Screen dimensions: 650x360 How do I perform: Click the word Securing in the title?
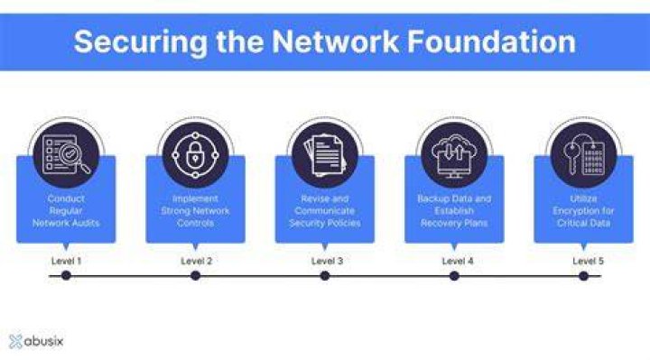coord(141,42)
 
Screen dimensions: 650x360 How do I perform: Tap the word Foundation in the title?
coord(491,42)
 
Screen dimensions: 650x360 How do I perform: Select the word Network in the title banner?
coord(335,42)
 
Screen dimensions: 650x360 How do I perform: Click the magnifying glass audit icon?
coord(66,155)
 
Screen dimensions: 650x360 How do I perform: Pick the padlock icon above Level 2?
coord(195,155)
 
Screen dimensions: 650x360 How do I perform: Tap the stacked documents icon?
coord(325,155)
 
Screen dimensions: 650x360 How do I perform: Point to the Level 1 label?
coord(66,261)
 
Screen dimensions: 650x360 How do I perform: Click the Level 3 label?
coord(327,261)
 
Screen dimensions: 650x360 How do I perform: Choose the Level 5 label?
coord(589,261)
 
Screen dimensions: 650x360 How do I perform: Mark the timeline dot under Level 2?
coord(196,275)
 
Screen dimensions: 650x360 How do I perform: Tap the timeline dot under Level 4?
coord(454,275)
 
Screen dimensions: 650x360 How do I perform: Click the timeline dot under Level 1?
coord(66,275)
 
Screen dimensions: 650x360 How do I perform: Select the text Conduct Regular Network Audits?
coord(66,211)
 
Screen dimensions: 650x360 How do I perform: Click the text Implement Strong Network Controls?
coord(195,211)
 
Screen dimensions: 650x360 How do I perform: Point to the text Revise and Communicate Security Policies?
coord(325,211)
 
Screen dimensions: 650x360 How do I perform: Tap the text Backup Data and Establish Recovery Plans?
coord(454,211)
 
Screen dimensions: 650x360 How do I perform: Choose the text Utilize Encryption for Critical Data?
coord(584,211)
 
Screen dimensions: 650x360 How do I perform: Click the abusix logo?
coord(36,341)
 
